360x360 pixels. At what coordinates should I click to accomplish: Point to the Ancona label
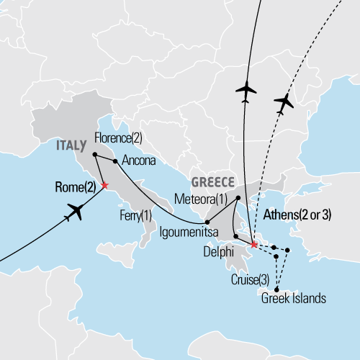138,161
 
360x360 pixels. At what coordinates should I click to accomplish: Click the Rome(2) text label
75,187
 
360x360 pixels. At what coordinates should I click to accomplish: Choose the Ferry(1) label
135,215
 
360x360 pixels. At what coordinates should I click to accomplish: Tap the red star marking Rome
105,186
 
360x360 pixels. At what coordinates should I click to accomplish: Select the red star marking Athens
253,246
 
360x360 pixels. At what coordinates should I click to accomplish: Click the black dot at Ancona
115,161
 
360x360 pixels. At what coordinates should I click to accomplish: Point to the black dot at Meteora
238,196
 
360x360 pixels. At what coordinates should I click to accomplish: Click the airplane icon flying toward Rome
77,212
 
